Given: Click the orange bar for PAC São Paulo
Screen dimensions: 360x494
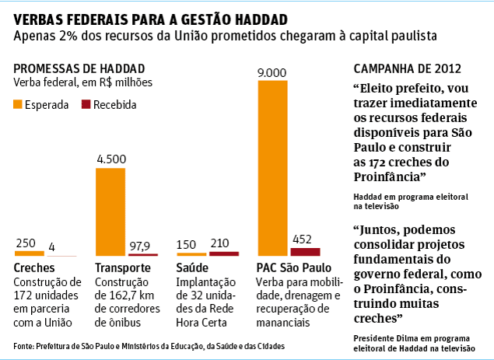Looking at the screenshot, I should [x=273, y=168].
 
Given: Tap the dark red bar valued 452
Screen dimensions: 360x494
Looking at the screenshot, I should [x=305, y=251].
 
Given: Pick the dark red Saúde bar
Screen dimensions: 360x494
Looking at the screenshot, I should [x=224, y=253].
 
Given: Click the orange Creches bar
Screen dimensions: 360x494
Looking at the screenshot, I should [x=29, y=253].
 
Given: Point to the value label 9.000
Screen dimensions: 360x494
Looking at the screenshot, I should [x=272, y=72].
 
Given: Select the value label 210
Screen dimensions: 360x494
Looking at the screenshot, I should [x=224, y=243].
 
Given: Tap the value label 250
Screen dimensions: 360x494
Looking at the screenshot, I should [x=26, y=243].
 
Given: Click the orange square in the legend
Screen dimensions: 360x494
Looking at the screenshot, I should [x=18, y=103].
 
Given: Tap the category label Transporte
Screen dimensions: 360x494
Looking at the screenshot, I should [x=122, y=268].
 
